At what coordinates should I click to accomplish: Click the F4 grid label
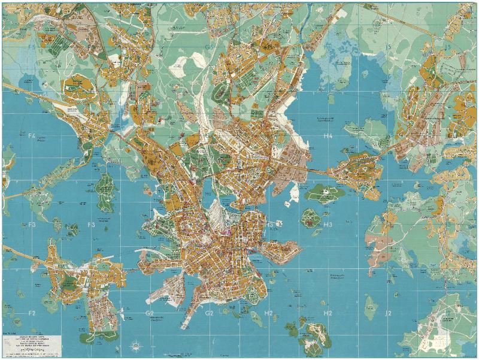[x=32, y=136]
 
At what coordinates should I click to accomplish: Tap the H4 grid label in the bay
[x=328, y=137]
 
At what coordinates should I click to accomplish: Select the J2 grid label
[x=388, y=313]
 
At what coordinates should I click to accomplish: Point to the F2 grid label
[x=32, y=313]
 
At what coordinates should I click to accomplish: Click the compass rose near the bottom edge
[x=137, y=345]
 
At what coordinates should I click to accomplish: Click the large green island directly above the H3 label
[x=324, y=193]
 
